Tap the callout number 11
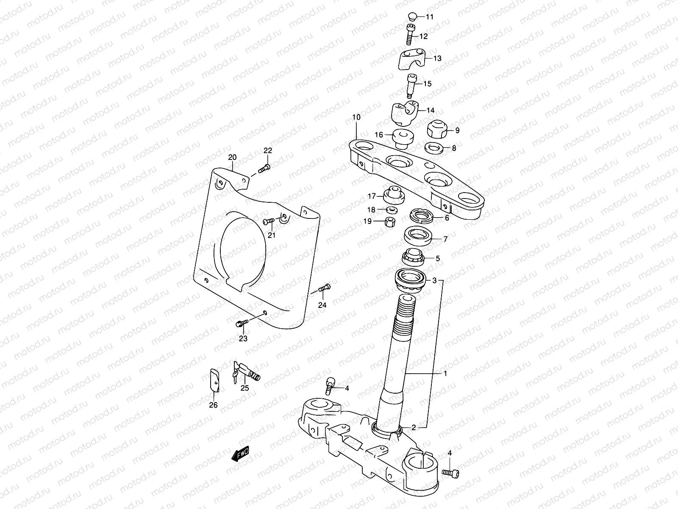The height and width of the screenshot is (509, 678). [430, 17]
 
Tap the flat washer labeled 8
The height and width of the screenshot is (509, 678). [434, 148]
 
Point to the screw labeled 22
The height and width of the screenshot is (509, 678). [264, 168]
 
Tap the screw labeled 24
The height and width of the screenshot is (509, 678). [324, 288]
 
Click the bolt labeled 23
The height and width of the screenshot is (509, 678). [241, 324]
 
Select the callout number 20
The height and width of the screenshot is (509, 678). [231, 157]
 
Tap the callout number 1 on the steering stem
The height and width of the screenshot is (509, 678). [445, 373]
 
